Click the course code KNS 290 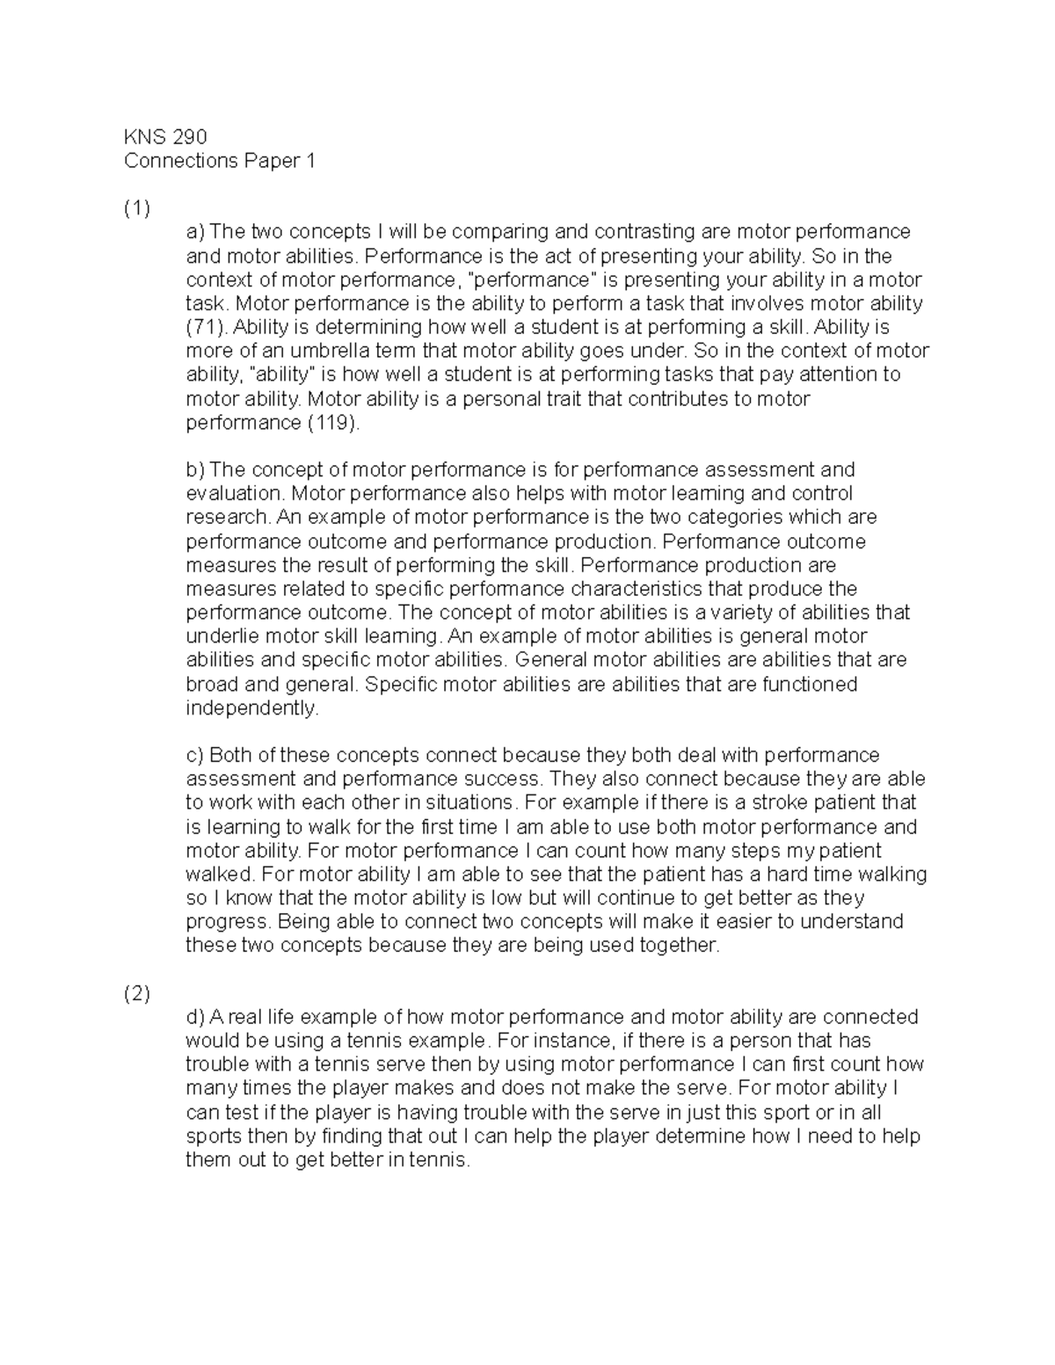pyautogui.click(x=165, y=137)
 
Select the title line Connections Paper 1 pyautogui.click(x=219, y=161)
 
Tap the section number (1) pyautogui.click(x=137, y=208)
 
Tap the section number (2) pyautogui.click(x=137, y=993)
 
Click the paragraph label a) pyautogui.click(x=194, y=232)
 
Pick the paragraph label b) pyautogui.click(x=195, y=470)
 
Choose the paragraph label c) pyautogui.click(x=194, y=755)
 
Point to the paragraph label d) pyautogui.click(x=195, y=1017)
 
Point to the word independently pyautogui.click(x=251, y=708)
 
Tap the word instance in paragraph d pyautogui.click(x=576, y=1041)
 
